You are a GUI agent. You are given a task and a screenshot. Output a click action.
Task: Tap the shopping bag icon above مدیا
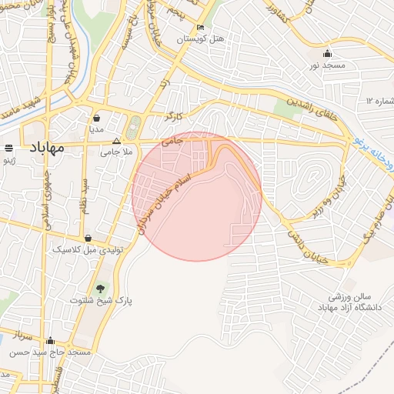coord(97,118)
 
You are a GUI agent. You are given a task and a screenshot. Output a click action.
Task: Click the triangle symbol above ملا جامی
coord(117,141)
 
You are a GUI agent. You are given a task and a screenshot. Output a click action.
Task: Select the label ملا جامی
coord(117,152)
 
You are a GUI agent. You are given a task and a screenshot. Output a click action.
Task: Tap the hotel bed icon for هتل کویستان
coord(200,27)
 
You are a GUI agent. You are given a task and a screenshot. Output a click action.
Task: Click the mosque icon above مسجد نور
coord(327,54)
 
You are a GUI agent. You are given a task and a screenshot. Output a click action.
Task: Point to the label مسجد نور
coord(326,67)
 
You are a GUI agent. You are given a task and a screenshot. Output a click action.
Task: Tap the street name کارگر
coord(172,116)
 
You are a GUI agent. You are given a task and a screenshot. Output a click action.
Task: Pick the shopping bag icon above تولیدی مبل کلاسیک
coord(89,238)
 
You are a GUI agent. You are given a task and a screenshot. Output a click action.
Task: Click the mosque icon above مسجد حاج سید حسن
coord(52,340)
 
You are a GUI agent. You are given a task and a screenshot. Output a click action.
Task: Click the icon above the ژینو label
coord(8,147)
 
